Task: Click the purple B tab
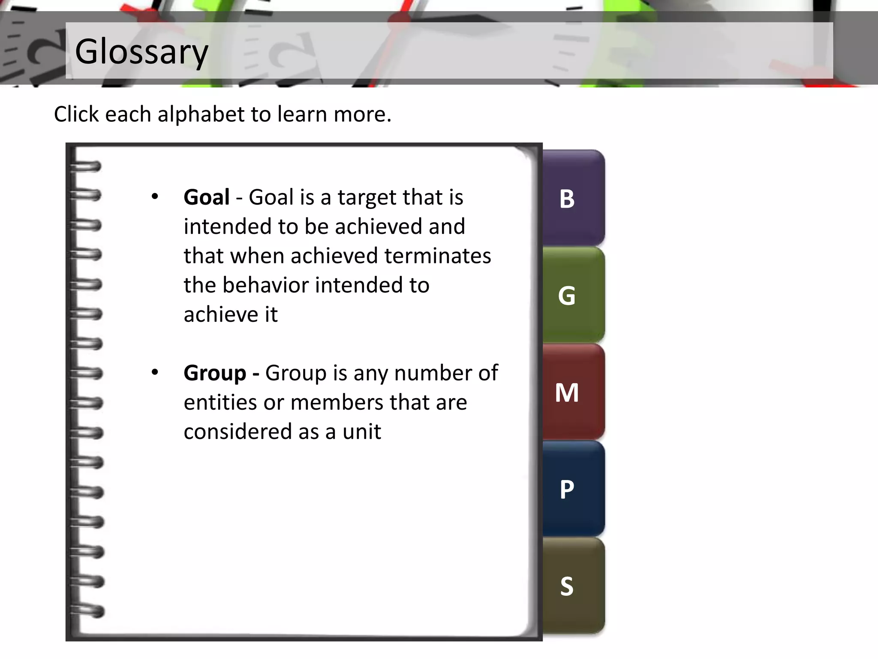(573, 198)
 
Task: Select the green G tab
(573, 295)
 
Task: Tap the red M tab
(573, 392)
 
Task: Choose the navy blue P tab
(573, 489)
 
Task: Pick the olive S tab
(573, 586)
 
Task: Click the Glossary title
(141, 51)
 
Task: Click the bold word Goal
(207, 197)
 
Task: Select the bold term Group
(215, 373)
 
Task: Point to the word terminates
(437, 256)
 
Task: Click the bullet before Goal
(155, 197)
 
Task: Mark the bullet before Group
(155, 372)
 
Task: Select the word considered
(238, 432)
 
